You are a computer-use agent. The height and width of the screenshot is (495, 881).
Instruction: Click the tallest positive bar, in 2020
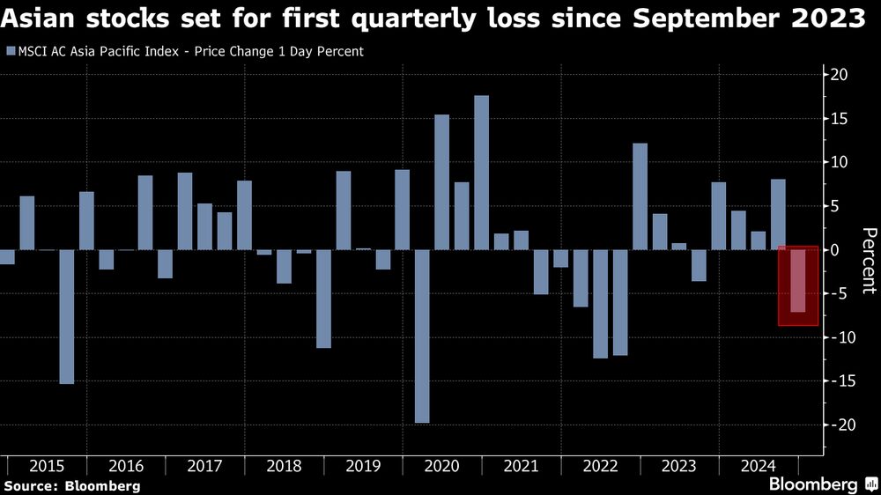(481, 172)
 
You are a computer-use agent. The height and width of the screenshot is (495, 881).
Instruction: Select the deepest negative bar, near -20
(422, 336)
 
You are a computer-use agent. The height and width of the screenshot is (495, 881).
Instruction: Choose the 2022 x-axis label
(600, 466)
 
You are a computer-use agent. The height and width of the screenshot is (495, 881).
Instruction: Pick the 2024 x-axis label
(758, 466)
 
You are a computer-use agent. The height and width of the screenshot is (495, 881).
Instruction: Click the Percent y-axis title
(869, 261)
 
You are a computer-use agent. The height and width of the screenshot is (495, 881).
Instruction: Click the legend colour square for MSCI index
(10, 51)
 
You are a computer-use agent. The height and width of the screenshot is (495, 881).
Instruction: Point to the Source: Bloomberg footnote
(72, 485)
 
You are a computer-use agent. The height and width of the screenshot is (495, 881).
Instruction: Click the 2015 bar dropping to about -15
(67, 317)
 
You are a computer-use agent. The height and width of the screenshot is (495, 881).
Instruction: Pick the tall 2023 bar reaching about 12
(640, 196)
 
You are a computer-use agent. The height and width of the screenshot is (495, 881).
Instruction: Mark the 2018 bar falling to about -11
(323, 299)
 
